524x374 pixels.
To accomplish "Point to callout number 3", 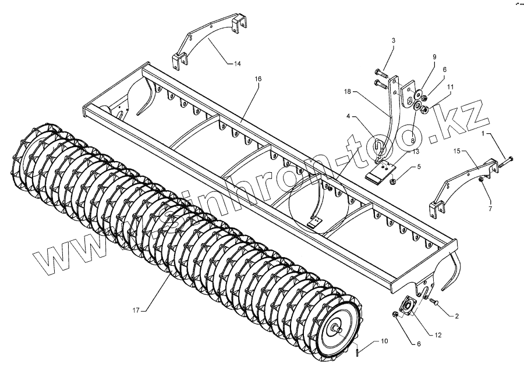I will pos(394,40).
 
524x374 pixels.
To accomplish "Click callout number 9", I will pos(434,56).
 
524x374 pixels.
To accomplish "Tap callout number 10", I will pos(384,341).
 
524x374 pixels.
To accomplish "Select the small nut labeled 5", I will pos(394,181).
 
